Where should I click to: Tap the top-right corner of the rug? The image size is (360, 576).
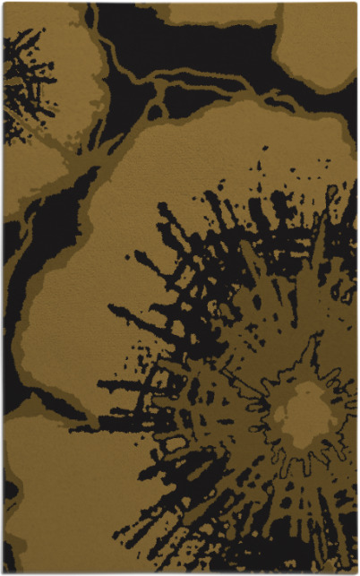(356, 4)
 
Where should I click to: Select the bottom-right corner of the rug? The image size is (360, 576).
(356, 572)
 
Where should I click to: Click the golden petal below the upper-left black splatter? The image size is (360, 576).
(31, 175)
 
